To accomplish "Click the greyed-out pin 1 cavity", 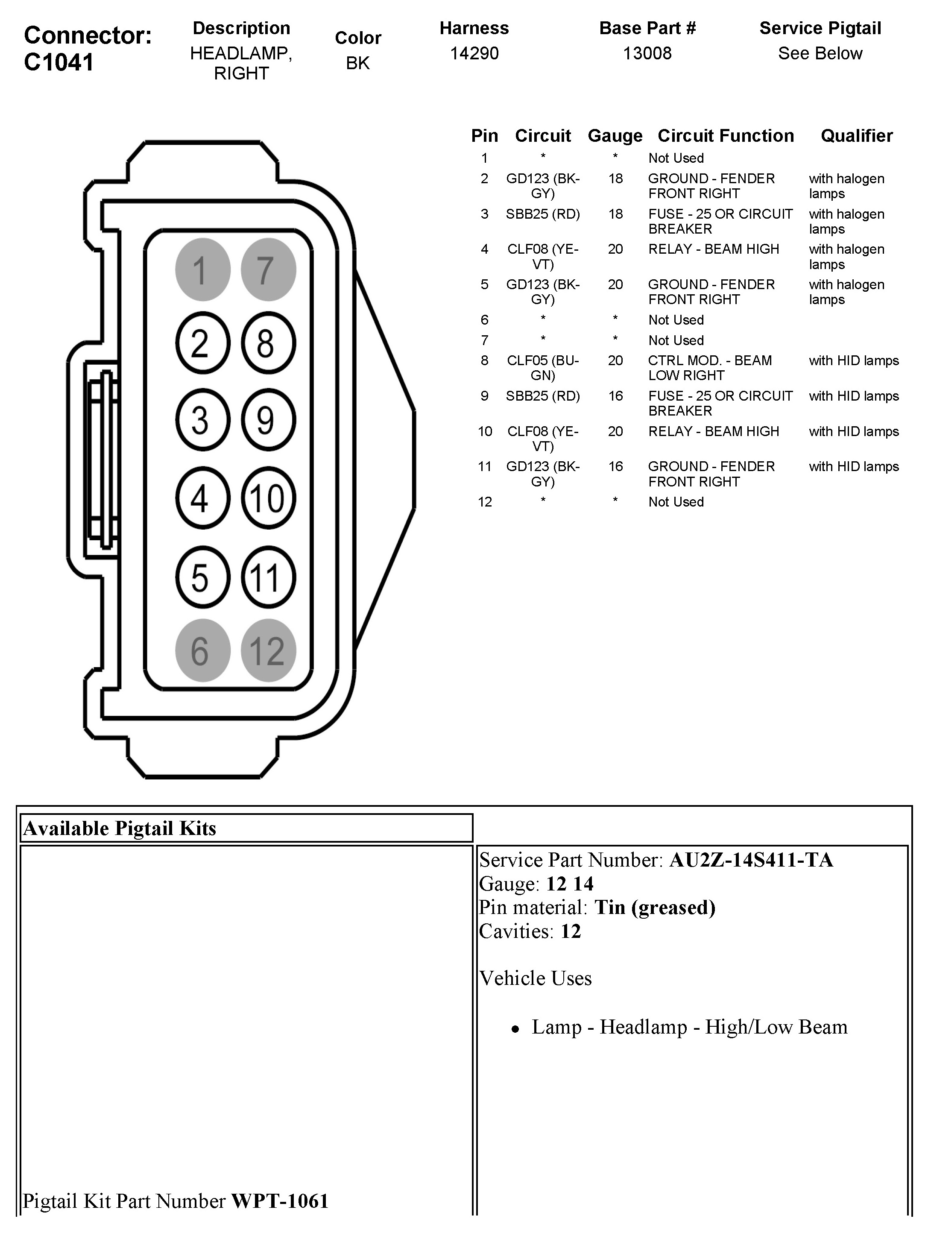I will click(x=202, y=269).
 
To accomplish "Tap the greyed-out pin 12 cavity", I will click(x=268, y=650).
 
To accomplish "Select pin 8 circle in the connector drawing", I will click(x=268, y=343).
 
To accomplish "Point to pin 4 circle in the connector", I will click(x=202, y=498).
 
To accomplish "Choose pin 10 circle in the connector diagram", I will click(x=268, y=498).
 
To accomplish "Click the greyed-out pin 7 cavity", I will click(x=268, y=269).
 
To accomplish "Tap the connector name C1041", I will click(x=59, y=62).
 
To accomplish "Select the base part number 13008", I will click(x=647, y=54).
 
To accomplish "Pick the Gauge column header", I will click(x=615, y=136).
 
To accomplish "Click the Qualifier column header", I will click(x=856, y=136).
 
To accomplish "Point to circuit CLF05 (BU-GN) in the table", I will click(x=542, y=368).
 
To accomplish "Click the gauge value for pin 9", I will click(x=615, y=396).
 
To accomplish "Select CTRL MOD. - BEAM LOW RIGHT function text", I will click(x=709, y=368).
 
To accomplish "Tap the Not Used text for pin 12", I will click(x=676, y=502).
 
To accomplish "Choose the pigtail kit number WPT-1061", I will click(x=279, y=1200).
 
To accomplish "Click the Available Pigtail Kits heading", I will click(x=120, y=828).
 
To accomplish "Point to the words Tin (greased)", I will click(x=655, y=907).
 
